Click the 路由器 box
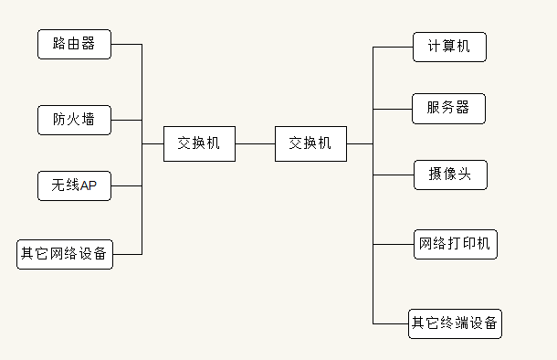pyautogui.click(x=74, y=44)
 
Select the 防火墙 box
pyautogui.click(x=74, y=120)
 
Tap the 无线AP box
pyautogui.click(x=74, y=185)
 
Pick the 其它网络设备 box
pyautogui.click(x=65, y=253)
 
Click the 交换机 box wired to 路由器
pyautogui.click(x=199, y=143)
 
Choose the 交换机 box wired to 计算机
pyautogui.click(x=310, y=143)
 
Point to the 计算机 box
pyautogui.click(x=448, y=47)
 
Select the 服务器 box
pyautogui.click(x=448, y=108)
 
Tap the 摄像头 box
pyautogui.click(x=448, y=174)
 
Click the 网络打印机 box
pyautogui.click(x=455, y=244)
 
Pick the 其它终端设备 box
pyautogui.click(x=455, y=323)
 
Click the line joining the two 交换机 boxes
pyautogui.click(x=255, y=143)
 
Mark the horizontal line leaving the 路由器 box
pyautogui.click(x=126, y=44)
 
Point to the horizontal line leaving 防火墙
pyautogui.click(x=126, y=120)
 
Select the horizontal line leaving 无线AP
pyautogui.click(x=126, y=185)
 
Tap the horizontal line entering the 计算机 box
pyautogui.click(x=393, y=47)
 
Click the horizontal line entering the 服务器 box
pyautogui.click(x=393, y=108)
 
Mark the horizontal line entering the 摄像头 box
pyautogui.click(x=393, y=174)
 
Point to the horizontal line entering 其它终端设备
pyautogui.click(x=390, y=323)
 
